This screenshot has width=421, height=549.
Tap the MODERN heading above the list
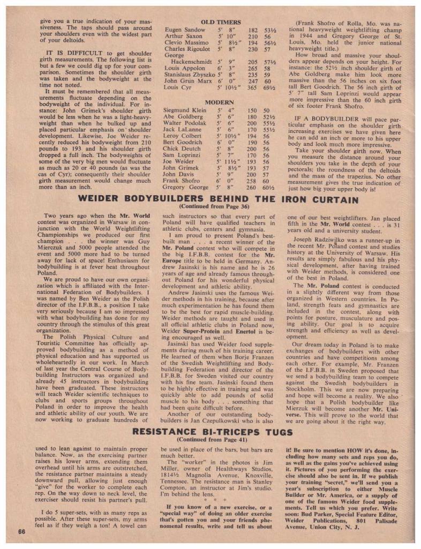pyautogui.click(x=220, y=102)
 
